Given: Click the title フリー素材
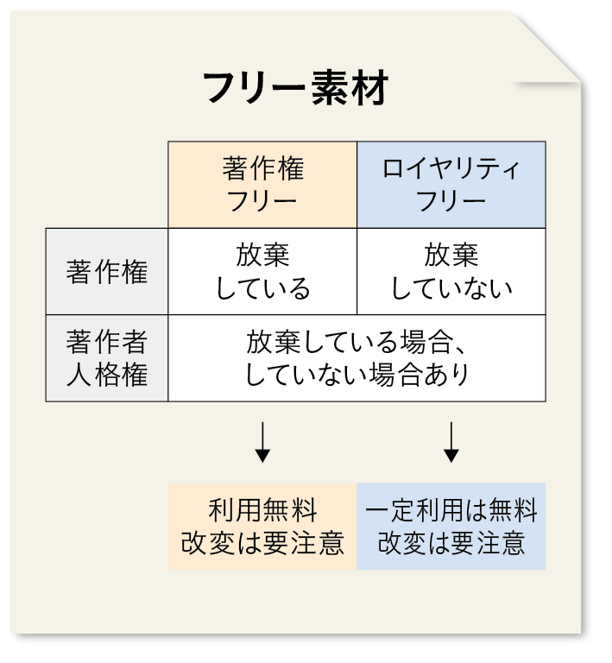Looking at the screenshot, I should [x=296, y=88].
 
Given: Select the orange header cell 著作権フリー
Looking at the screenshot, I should [x=262, y=185].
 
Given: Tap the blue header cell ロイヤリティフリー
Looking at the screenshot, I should [x=451, y=185].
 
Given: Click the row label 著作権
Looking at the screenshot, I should [x=107, y=272].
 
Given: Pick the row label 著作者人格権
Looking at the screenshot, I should [x=107, y=358].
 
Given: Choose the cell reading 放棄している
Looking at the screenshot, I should [x=262, y=272].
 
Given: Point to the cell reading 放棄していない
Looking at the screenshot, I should [x=451, y=272].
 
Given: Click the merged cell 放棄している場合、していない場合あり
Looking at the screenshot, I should [x=356, y=358].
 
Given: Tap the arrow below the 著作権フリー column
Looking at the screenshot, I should [x=262, y=441].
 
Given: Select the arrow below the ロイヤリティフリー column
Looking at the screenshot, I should [x=451, y=441].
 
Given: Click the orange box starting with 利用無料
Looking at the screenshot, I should [x=262, y=526].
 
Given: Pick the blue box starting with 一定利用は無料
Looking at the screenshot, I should [x=451, y=526].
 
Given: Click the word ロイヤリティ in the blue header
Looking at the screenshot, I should [x=451, y=168].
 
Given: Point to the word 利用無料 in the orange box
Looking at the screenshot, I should [x=262, y=510].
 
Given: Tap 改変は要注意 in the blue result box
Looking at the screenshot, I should [x=451, y=543].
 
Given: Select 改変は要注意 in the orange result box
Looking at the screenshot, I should [x=262, y=543].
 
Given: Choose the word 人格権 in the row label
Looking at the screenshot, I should [x=107, y=376].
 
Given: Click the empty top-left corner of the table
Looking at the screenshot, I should [x=107, y=185].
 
